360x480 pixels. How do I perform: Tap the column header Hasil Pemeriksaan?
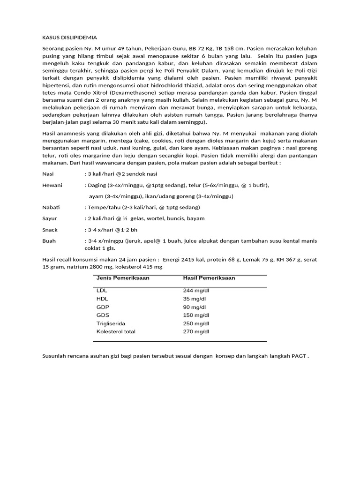click(x=209, y=278)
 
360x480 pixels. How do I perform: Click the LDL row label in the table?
click(x=102, y=291)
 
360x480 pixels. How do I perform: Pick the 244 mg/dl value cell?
click(x=196, y=291)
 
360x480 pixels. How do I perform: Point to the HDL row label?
click(x=102, y=299)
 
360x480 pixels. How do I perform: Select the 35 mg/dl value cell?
click(x=195, y=299)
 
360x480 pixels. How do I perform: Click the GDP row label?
click(x=103, y=307)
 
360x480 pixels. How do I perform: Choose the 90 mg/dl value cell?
click(x=195, y=307)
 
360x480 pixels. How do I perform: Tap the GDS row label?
click(x=103, y=315)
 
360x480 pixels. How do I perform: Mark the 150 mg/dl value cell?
click(x=196, y=315)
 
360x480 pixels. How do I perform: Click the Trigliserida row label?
click(x=111, y=323)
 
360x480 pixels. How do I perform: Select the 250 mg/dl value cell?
click(x=196, y=323)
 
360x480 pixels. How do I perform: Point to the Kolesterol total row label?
click(x=116, y=331)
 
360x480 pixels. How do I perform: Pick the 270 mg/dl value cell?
click(x=196, y=331)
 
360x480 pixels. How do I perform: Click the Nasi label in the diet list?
click(x=48, y=174)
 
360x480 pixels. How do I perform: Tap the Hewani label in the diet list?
click(x=52, y=185)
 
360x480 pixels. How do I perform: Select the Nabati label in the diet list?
click(x=51, y=207)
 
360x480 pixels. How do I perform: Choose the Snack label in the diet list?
click(x=50, y=230)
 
